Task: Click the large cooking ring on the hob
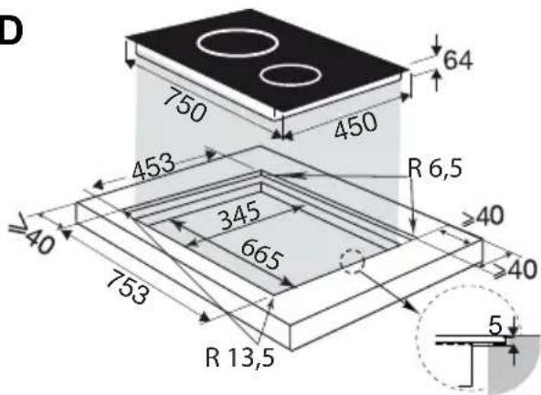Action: (x=198, y=44)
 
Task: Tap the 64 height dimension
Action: (x=458, y=60)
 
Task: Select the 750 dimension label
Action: (x=185, y=104)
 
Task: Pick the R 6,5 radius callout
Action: (x=434, y=168)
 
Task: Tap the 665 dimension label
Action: (x=262, y=254)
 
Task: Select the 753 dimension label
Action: (x=128, y=287)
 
